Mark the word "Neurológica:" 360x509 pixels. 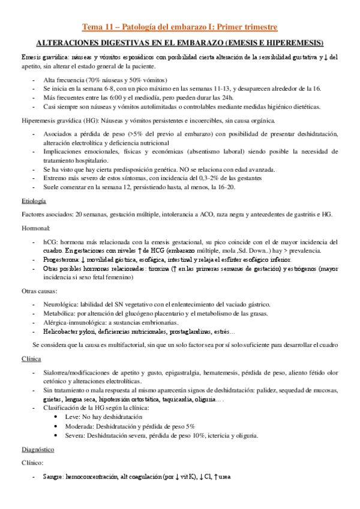coord(62,304)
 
